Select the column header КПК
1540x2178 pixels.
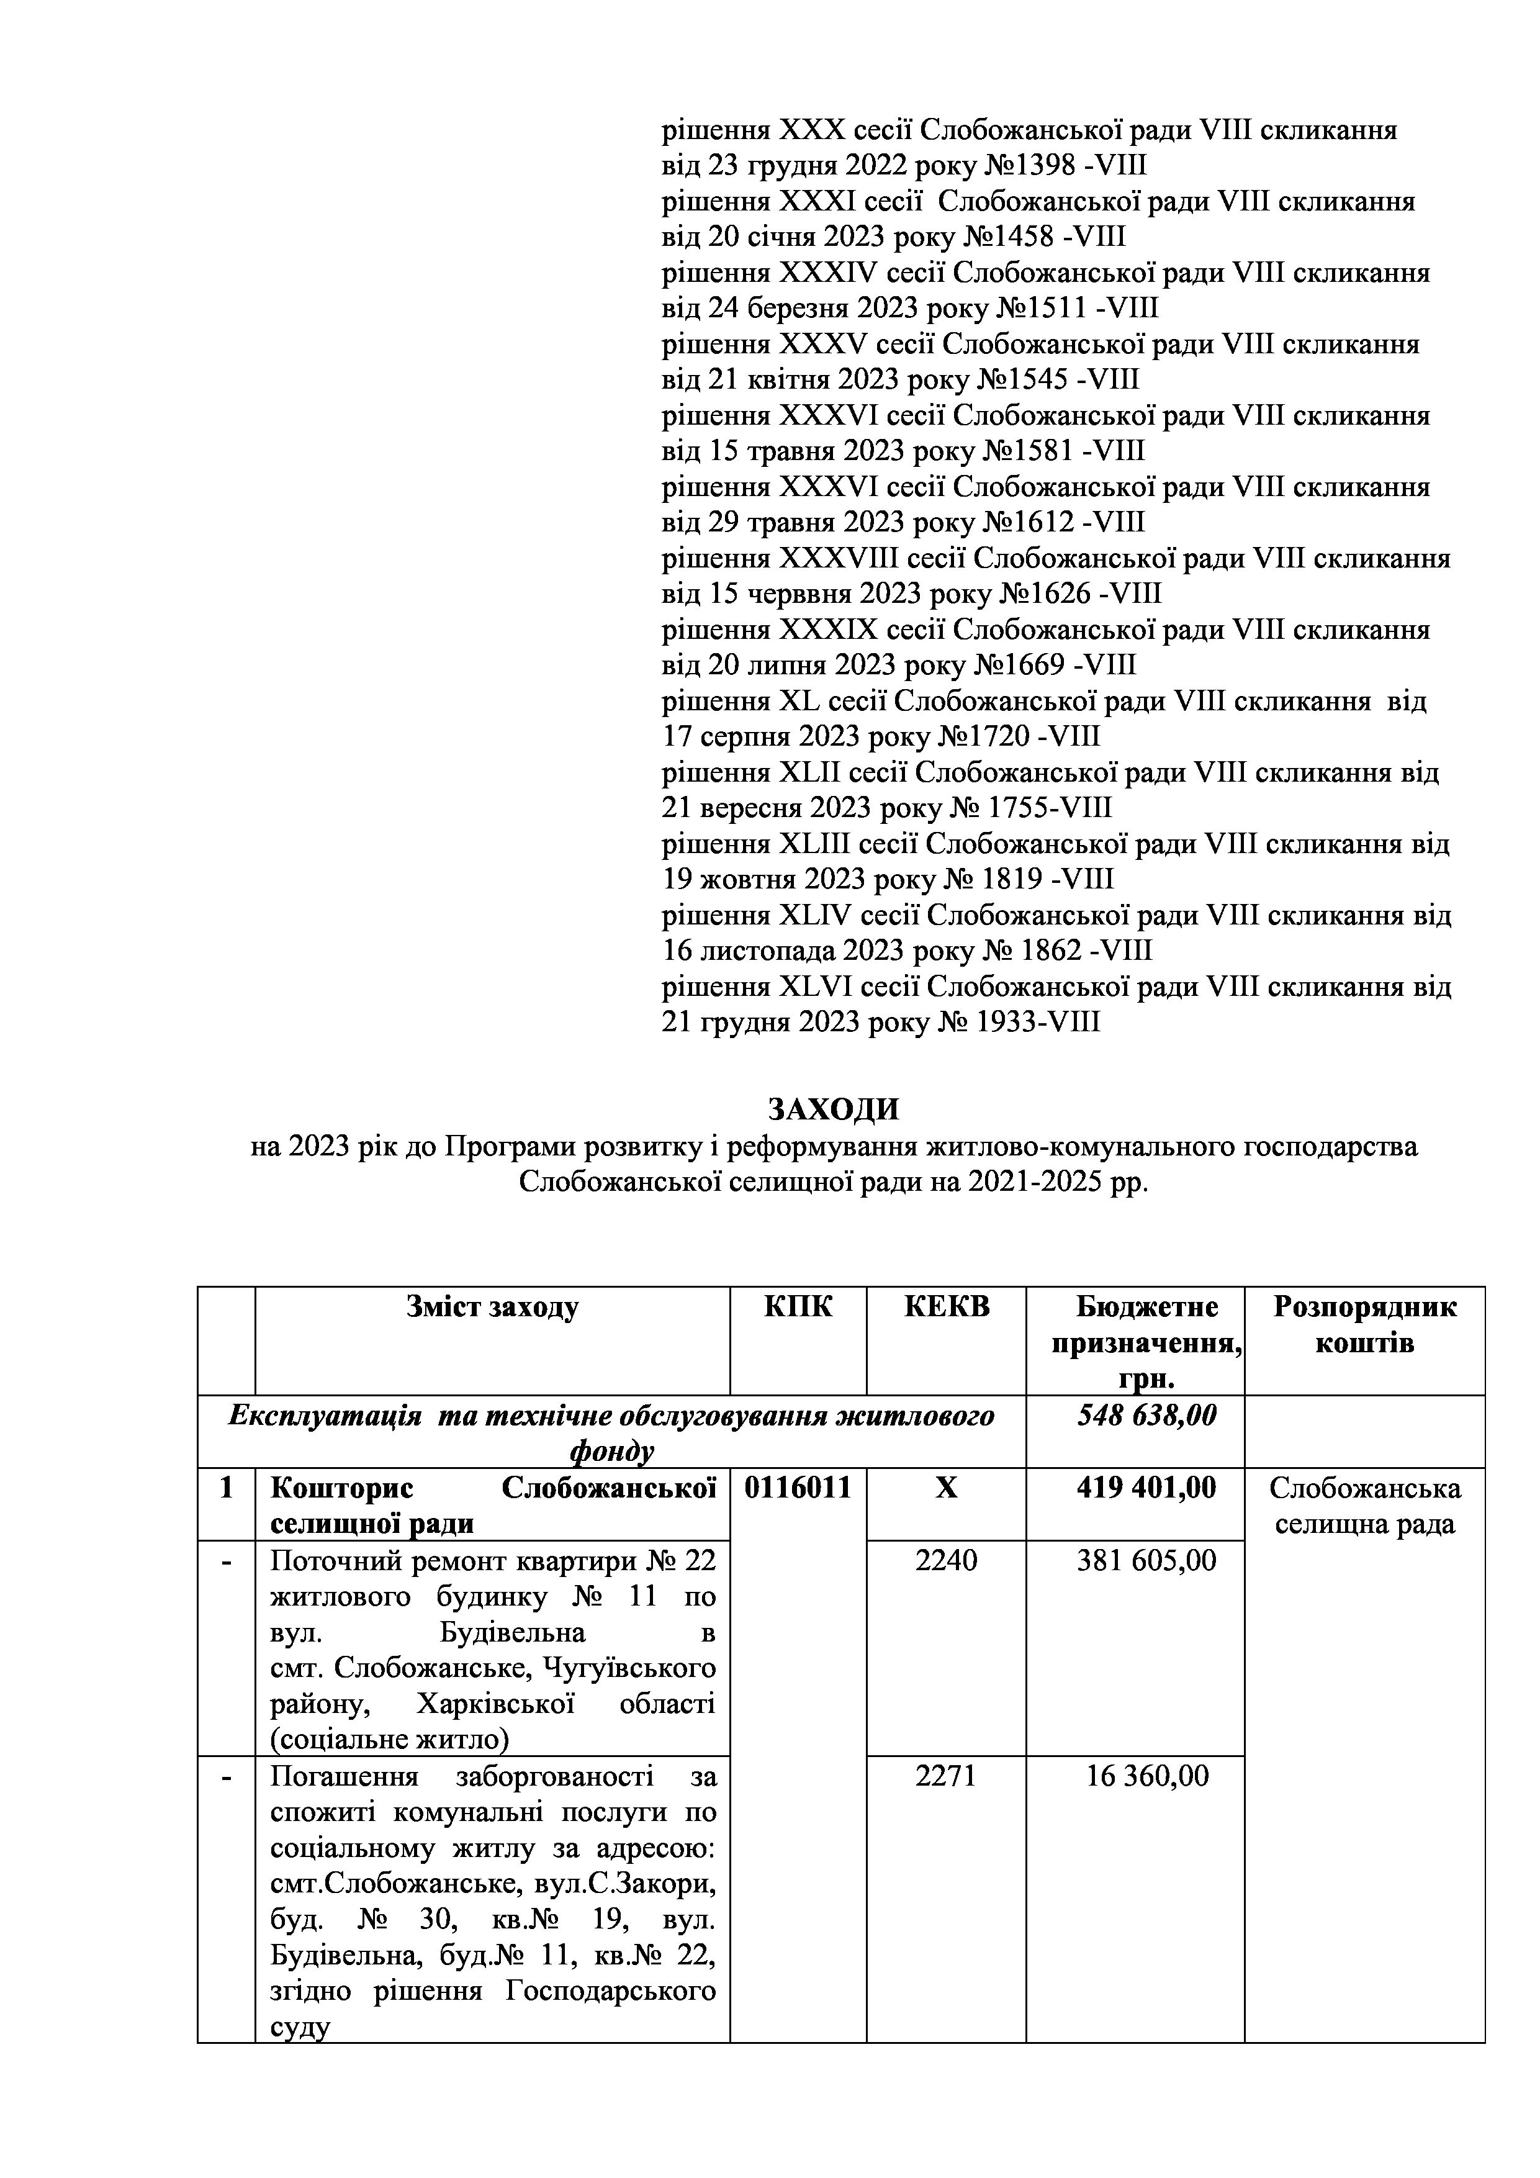pos(798,1307)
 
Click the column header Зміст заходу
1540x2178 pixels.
pos(492,1307)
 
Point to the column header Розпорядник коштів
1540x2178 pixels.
pos(1364,1325)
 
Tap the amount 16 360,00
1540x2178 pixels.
pos(1148,1776)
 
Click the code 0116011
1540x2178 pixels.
pos(798,1488)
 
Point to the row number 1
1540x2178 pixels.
pos(226,1488)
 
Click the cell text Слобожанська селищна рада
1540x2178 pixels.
pos(1364,1506)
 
